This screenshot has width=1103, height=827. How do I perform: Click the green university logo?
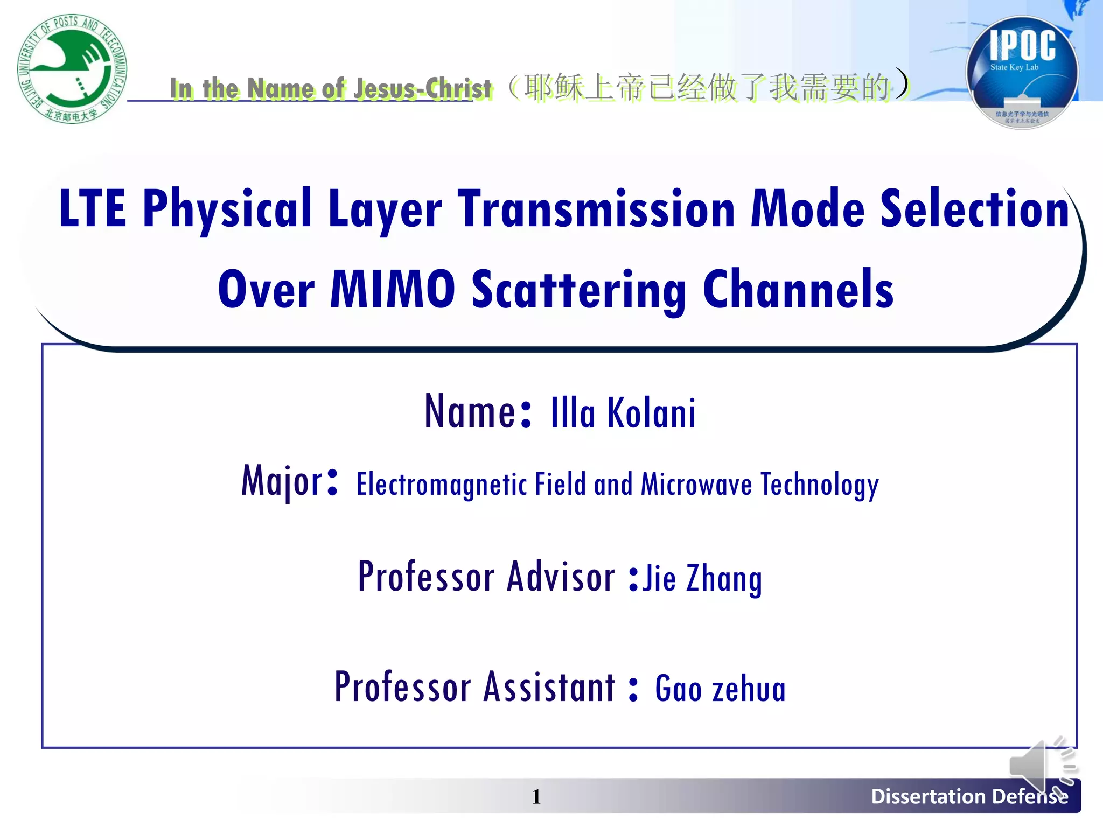72,68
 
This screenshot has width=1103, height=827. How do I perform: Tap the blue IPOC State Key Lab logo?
1022,73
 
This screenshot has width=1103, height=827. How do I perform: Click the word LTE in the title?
92,209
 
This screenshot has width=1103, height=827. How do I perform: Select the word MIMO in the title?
393,290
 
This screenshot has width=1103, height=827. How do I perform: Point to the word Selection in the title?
975,209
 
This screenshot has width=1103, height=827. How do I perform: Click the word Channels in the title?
798,290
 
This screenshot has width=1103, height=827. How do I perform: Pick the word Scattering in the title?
578,291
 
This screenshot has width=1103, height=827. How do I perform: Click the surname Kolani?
652,413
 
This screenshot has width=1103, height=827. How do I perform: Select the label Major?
290,481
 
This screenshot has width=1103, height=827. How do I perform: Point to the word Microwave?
696,483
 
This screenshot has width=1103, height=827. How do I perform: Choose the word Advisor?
561,577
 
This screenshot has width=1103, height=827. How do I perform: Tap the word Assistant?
549,688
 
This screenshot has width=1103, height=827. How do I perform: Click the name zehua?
749,690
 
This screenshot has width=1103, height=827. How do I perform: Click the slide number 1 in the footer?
536,797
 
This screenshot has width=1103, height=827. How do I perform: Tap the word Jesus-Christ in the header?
423,89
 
